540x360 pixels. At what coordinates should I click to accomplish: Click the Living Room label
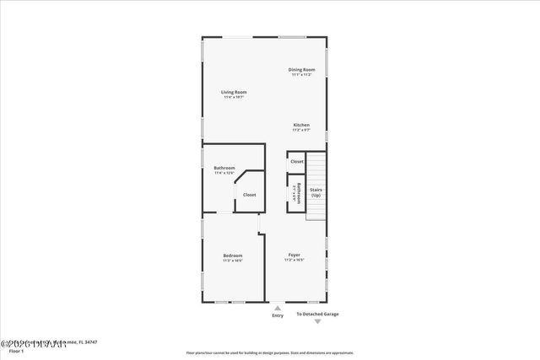[x=234, y=92]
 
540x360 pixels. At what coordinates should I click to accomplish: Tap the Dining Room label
[x=301, y=69]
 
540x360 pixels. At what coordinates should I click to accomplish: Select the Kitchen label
[x=301, y=125]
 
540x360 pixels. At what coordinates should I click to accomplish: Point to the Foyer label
[x=294, y=255]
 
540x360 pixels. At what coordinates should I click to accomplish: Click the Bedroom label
[x=233, y=255]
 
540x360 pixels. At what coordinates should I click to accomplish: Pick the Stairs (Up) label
[x=316, y=192]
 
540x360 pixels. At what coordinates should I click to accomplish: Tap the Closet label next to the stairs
[x=297, y=161]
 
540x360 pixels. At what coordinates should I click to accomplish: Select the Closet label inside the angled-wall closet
[x=250, y=195]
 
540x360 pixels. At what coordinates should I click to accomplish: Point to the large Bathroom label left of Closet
[x=224, y=168]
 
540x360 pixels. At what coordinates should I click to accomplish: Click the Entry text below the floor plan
[x=278, y=315]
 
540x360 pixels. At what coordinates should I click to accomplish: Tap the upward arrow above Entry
[x=278, y=308]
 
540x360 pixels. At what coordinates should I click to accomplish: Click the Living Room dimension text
[x=234, y=97]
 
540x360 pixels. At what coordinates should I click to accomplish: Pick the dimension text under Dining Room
[x=301, y=75]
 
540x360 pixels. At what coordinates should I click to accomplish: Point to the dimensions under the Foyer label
[x=294, y=261]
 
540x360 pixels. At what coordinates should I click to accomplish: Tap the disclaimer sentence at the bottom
[x=270, y=353]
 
